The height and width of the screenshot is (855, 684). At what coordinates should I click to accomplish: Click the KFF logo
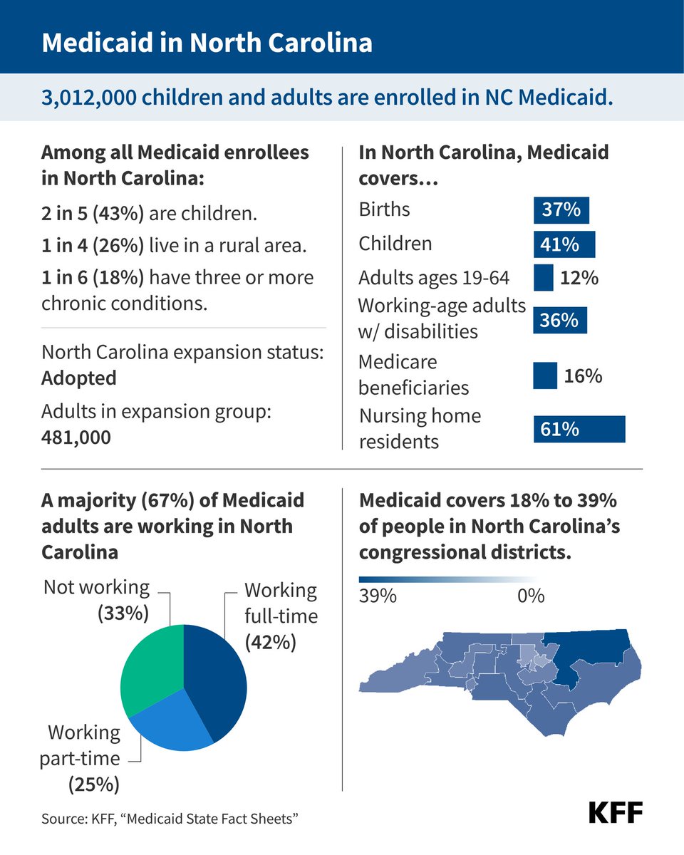pos(616,812)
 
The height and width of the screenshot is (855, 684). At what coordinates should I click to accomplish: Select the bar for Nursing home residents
pos(579,429)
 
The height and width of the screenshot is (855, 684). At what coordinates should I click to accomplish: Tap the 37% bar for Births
pos(561,210)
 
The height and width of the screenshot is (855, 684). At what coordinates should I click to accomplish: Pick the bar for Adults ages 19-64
pos(543,277)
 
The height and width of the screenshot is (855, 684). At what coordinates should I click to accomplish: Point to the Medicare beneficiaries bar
pos(545,375)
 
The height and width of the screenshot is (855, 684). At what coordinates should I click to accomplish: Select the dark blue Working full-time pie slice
pos(217,677)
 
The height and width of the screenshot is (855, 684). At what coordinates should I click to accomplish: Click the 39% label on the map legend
pos(377,596)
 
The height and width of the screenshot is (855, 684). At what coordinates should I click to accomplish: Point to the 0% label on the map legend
pos(531,596)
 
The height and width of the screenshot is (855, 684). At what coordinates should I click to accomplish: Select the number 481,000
pos(76,437)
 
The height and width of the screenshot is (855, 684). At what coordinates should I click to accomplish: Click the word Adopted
pos(78,378)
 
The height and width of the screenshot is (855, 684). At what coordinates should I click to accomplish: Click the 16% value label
pos(583,375)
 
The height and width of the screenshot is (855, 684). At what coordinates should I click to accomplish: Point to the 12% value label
pos(579,277)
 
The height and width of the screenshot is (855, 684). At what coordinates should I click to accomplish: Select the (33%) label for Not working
pos(123,613)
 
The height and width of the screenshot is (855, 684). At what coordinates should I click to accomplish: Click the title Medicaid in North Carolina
pos(207,43)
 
